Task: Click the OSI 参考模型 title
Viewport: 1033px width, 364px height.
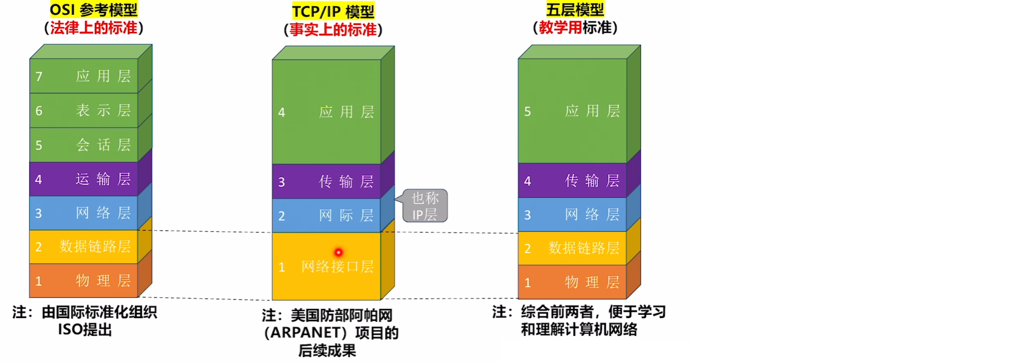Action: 94,9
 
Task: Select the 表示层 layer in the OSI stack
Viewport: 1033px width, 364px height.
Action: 84,111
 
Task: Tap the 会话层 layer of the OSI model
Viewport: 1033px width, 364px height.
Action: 84,145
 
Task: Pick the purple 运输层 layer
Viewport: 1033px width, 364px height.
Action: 84,179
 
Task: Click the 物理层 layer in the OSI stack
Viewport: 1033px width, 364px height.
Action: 84,281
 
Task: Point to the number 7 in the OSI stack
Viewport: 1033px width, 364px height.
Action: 39,76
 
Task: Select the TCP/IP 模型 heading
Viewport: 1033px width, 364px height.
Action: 333,11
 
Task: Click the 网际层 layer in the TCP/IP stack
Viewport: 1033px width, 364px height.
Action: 327,215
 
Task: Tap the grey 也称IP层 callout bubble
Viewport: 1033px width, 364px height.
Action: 425,206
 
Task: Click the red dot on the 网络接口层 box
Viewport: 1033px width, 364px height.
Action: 338,252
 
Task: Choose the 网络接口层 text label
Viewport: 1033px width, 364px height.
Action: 338,267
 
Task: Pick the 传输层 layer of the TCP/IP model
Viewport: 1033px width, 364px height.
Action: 327,181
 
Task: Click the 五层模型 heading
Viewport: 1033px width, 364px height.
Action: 575,9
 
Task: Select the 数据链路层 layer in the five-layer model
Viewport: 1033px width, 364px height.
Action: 573,248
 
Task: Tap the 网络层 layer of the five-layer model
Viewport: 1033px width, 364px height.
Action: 573,215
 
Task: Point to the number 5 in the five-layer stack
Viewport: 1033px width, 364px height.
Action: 528,111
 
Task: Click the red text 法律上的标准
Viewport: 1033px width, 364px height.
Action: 94,28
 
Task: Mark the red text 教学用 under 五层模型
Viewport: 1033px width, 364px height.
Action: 560,28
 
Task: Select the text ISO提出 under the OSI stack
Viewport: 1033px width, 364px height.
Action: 85,330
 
